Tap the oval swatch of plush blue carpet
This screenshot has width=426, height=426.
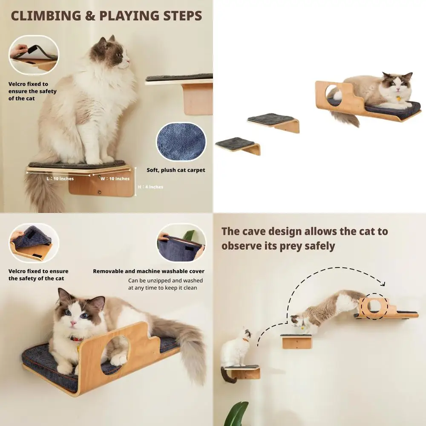[181, 142]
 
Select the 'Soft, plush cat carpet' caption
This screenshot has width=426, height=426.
[176, 170]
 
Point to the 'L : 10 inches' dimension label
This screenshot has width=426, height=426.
[60, 178]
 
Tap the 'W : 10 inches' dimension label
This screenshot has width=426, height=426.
[115, 178]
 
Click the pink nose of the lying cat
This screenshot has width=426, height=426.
[73, 324]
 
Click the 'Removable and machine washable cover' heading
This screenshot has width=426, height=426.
[149, 271]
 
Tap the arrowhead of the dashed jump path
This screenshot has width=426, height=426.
[382, 284]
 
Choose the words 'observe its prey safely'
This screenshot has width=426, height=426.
[278, 246]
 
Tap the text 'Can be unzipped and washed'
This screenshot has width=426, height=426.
[165, 280]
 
